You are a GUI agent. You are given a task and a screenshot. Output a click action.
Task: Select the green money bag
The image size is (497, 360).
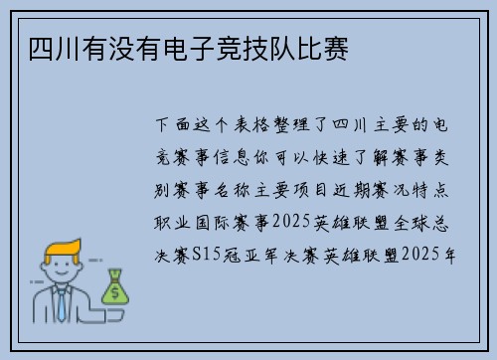coord(116,284)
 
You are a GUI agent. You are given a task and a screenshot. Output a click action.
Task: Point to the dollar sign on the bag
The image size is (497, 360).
coord(116,291)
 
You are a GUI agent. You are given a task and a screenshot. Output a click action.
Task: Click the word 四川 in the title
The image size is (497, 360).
coord(43,48)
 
